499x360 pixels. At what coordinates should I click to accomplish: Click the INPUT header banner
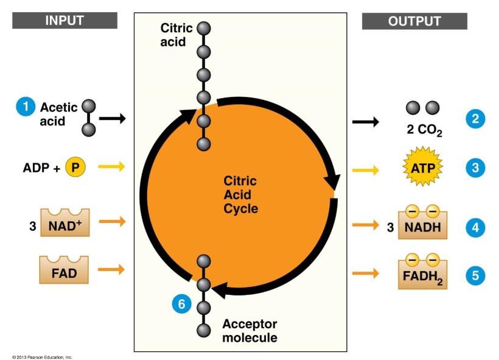pyautogui.click(x=65, y=21)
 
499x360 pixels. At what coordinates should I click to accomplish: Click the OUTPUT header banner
pyautogui.click(x=414, y=21)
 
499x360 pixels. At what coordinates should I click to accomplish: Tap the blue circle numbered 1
pyautogui.click(x=26, y=107)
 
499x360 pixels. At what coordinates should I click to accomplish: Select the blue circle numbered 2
pyautogui.click(x=475, y=119)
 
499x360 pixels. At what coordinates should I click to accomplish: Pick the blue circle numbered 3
pyautogui.click(x=475, y=167)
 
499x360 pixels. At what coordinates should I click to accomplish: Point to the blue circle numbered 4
pyautogui.click(x=475, y=228)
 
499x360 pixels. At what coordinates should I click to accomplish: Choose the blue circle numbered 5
pyautogui.click(x=475, y=276)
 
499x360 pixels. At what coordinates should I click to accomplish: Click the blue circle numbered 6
pyautogui.click(x=181, y=303)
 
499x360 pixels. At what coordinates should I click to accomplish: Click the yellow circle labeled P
pyautogui.click(x=75, y=166)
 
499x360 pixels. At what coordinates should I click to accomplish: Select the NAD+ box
pyautogui.click(x=65, y=223)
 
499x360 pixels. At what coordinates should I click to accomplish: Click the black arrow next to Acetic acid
pyautogui.click(x=112, y=119)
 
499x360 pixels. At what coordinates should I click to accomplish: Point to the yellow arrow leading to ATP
pyautogui.click(x=365, y=170)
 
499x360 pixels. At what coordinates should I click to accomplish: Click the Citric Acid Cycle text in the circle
pyautogui.click(x=240, y=195)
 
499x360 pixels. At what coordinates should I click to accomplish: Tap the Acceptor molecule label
pyautogui.click(x=249, y=331)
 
